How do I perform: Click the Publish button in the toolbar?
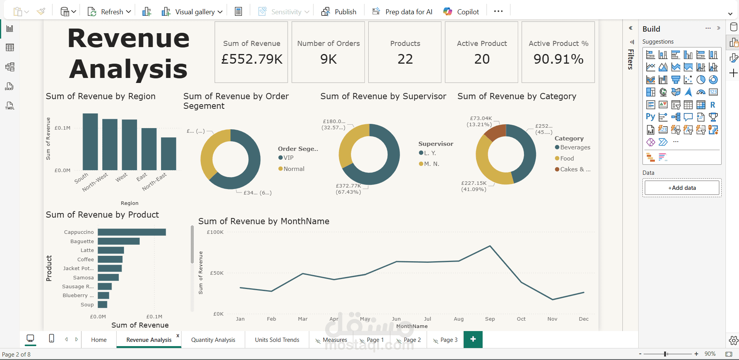pos(339,12)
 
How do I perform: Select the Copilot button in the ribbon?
pos(461,12)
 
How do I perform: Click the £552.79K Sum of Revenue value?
pos(252,59)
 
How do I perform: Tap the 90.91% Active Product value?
pos(558,59)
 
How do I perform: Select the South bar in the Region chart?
pos(90,142)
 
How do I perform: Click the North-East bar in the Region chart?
pos(168,154)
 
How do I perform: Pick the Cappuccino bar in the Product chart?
pos(132,232)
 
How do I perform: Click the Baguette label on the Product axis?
pos(82,241)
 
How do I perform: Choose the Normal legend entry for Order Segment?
pos(293,169)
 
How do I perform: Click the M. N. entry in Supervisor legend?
pos(431,164)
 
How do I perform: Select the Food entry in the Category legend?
pos(566,158)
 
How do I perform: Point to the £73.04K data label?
pos(481,118)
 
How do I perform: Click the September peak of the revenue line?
pos(490,246)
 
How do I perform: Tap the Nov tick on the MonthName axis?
pos(552,319)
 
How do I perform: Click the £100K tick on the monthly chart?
pos(215,232)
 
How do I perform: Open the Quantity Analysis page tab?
pos(213,340)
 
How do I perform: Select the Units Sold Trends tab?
pos(277,340)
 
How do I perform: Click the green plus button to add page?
pos(473,339)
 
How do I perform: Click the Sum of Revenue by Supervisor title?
pos(383,96)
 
